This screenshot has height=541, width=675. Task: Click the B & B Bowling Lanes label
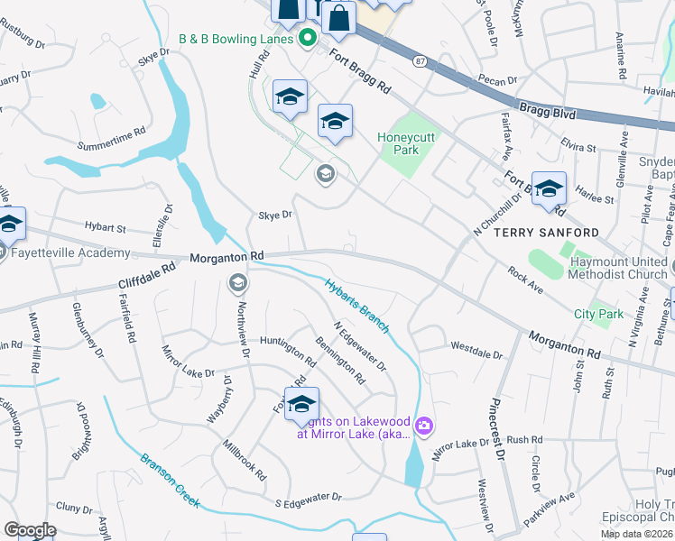point(236,39)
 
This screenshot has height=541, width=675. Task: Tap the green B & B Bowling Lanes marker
point(307,38)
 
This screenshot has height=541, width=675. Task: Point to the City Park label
point(599,314)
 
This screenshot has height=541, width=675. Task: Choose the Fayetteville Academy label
point(71,253)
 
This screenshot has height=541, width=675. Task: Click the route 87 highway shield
point(421,60)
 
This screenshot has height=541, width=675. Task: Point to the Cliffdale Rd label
point(145,277)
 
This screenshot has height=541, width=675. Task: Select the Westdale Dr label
point(476,345)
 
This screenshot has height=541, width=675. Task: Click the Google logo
point(30,529)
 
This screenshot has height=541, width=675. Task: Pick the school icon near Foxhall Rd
point(301,403)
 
